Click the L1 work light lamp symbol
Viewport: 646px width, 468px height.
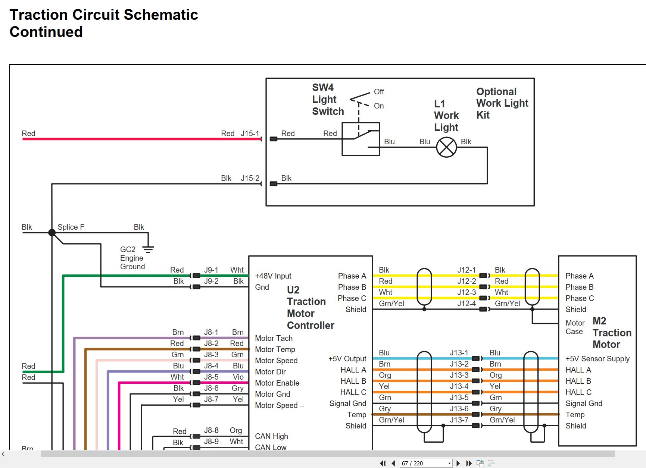point(446,147)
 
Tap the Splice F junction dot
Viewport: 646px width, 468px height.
point(52,232)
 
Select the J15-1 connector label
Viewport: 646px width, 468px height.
point(250,133)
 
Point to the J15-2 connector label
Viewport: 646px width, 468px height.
point(250,178)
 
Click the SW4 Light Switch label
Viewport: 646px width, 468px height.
point(328,99)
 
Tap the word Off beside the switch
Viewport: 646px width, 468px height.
point(379,91)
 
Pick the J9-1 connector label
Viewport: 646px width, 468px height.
point(211,270)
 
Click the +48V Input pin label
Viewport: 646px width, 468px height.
point(273,276)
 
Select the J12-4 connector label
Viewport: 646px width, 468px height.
point(466,303)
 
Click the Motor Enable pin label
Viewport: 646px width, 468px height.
point(277,383)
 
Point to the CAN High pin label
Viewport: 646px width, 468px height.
point(271,436)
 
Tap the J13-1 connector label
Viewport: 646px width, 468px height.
point(459,352)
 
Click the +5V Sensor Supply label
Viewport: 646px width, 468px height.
point(597,359)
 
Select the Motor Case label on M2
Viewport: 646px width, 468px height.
point(575,327)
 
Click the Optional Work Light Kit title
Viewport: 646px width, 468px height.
point(502,103)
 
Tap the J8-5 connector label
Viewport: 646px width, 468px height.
point(211,377)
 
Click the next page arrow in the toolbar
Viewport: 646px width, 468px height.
point(458,463)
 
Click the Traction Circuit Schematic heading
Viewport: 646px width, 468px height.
point(104,15)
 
